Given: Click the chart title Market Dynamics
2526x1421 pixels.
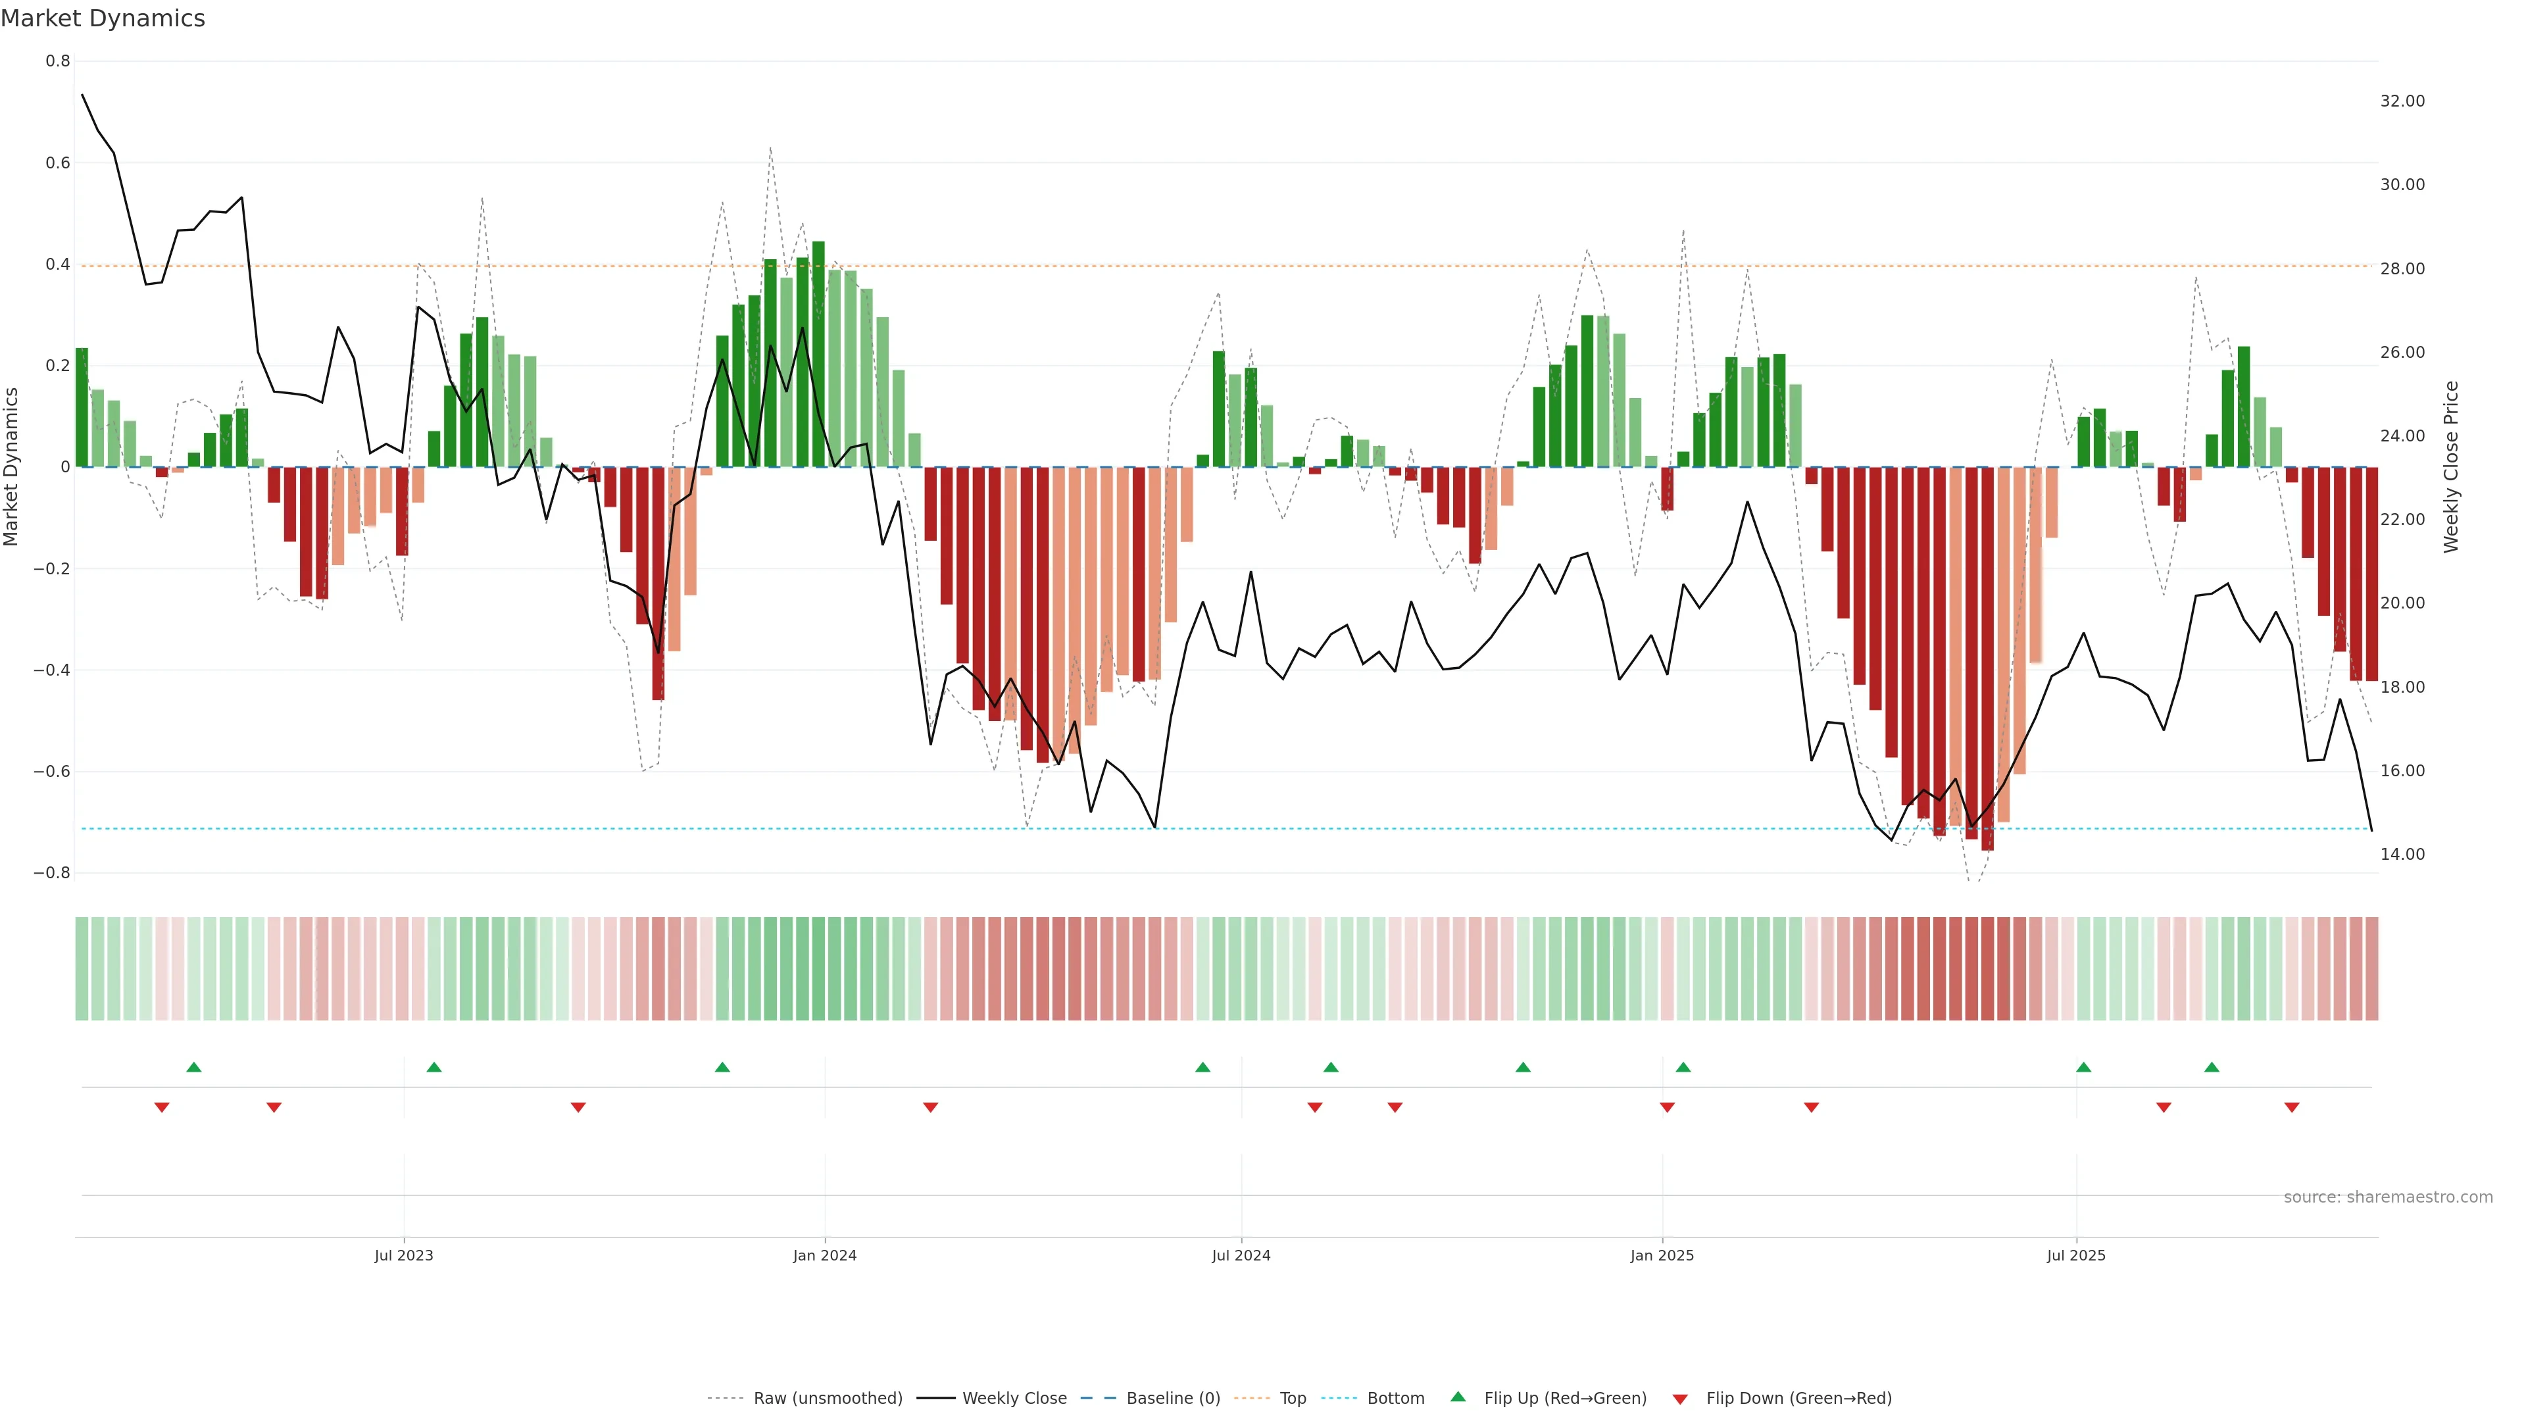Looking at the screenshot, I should pyautogui.click(x=103, y=18).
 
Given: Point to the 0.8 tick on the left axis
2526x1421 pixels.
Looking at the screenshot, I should pyautogui.click(x=58, y=61).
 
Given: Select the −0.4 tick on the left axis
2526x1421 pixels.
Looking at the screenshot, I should pyautogui.click(x=52, y=670).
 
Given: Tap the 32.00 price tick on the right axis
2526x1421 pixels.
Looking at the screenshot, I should pyautogui.click(x=2402, y=101).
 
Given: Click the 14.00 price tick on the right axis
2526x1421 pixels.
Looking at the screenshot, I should pyautogui.click(x=2402, y=854).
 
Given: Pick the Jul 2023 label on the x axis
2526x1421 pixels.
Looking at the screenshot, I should pyautogui.click(x=403, y=1255).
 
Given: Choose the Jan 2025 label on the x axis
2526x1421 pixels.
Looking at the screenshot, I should pyautogui.click(x=1661, y=1255).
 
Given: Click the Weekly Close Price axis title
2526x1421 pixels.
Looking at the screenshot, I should pyautogui.click(x=2450, y=467).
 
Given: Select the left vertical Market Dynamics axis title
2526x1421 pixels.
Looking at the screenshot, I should pyautogui.click(x=12, y=467).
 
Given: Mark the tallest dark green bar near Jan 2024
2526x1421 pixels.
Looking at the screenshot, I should pyautogui.click(x=818, y=353).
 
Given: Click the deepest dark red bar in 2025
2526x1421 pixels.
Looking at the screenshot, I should pyautogui.click(x=1987, y=657).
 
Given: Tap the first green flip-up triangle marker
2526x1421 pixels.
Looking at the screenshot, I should pyautogui.click(x=194, y=1067).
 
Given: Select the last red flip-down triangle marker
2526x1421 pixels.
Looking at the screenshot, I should pyautogui.click(x=2292, y=1107).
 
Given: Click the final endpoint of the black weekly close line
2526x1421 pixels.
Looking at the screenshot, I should pyautogui.click(x=2371, y=831).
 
